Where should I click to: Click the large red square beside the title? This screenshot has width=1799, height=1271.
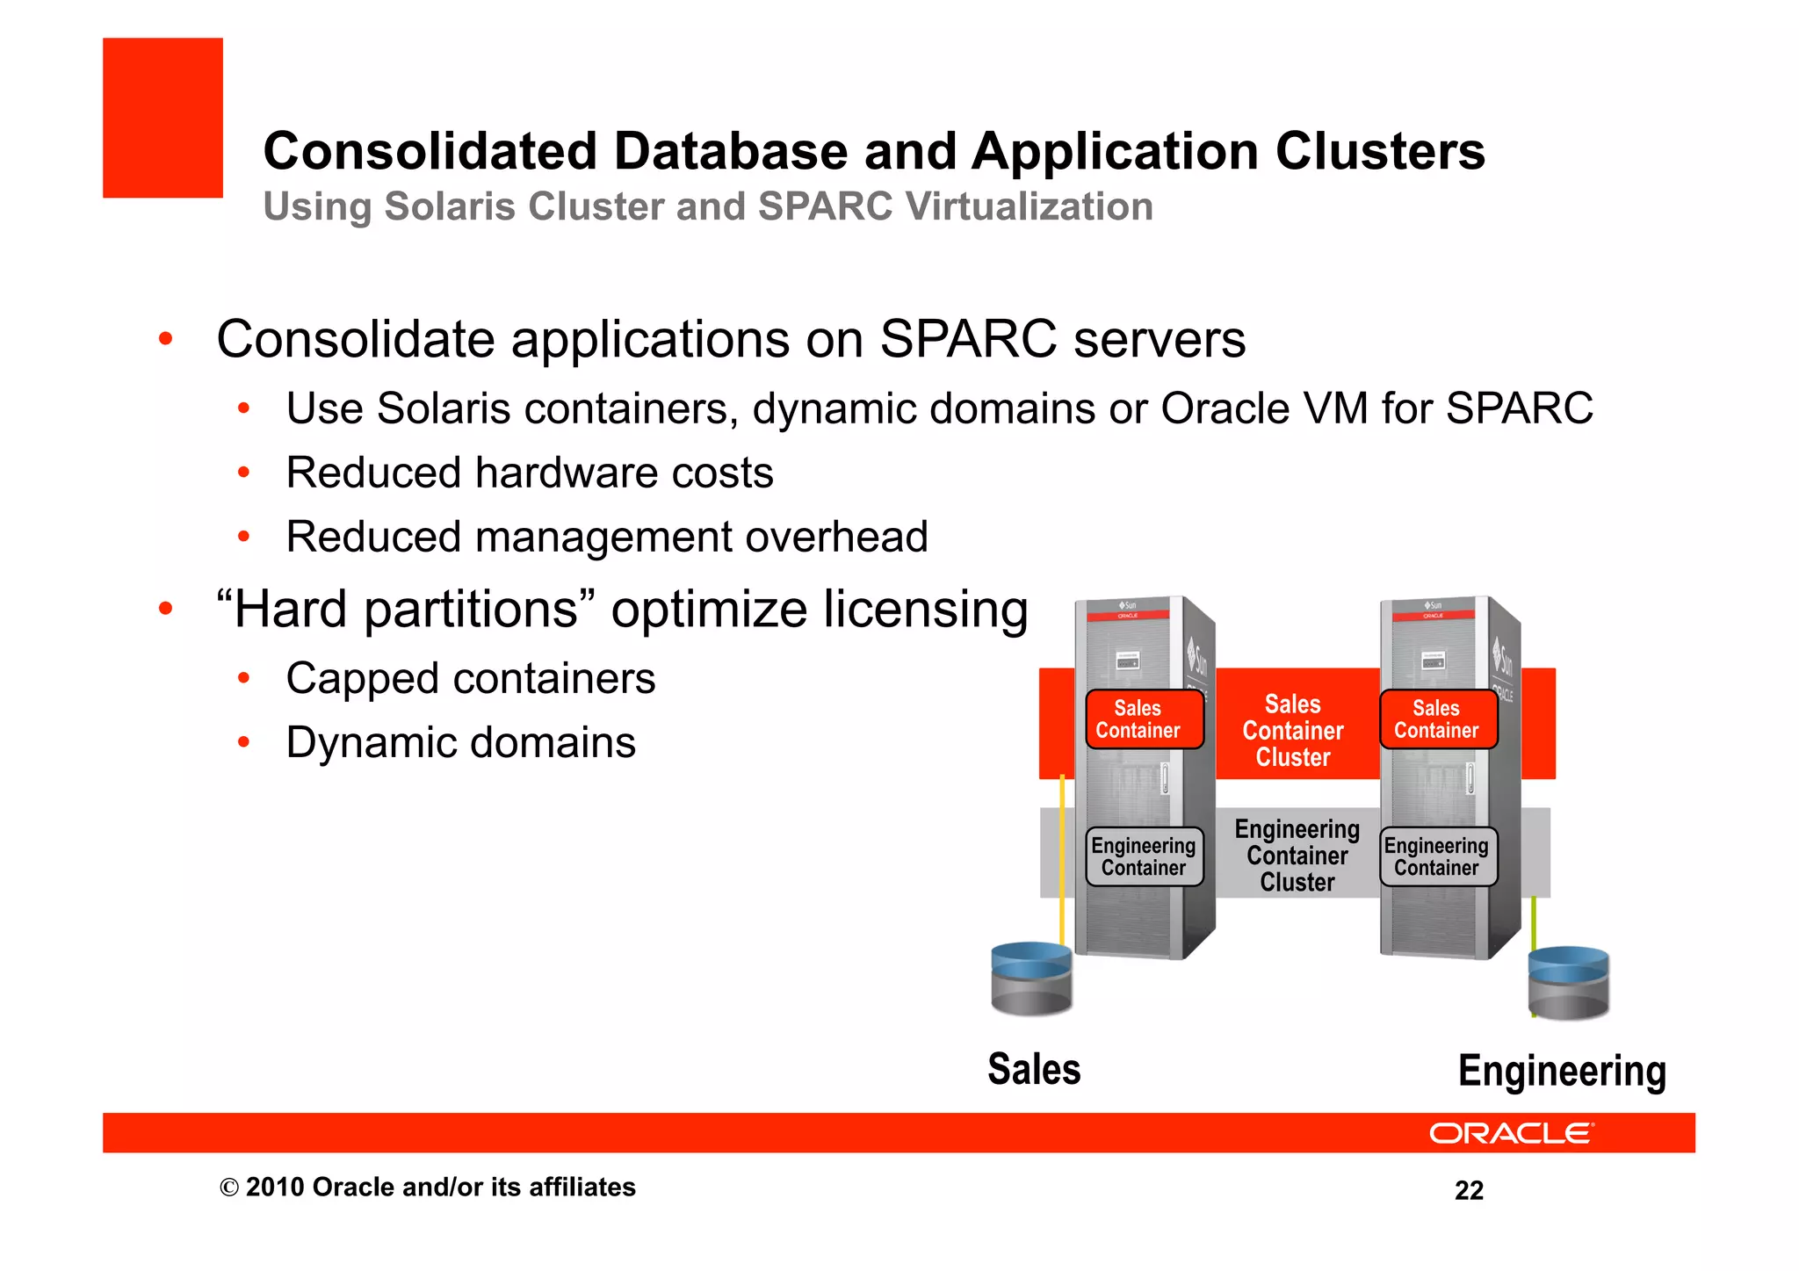pyautogui.click(x=163, y=118)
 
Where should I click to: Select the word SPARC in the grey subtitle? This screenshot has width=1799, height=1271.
pyautogui.click(x=825, y=207)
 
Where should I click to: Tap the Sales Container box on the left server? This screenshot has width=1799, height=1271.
pyautogui.click(x=1144, y=719)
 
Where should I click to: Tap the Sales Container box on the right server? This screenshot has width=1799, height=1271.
pyautogui.click(x=1438, y=719)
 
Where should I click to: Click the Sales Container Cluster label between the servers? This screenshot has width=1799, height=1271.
pyautogui.click(x=1292, y=731)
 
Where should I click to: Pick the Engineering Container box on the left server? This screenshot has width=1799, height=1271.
pyautogui.click(x=1144, y=856)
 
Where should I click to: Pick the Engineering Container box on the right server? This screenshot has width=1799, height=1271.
pyautogui.click(x=1437, y=856)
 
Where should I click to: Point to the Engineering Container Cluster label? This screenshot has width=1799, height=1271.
pyautogui.click(x=1297, y=856)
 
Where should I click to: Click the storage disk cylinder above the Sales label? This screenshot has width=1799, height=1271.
pyautogui.click(x=1031, y=979)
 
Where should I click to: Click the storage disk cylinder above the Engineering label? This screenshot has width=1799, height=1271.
pyautogui.click(x=1568, y=983)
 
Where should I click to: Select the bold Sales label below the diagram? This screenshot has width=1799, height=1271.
pyautogui.click(x=1034, y=1070)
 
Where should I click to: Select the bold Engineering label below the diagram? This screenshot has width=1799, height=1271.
pyautogui.click(x=1562, y=1072)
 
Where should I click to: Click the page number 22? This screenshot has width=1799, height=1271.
pyautogui.click(x=1469, y=1191)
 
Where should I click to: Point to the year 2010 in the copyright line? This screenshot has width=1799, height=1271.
pyautogui.click(x=275, y=1188)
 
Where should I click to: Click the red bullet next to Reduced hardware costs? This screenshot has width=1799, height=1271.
pyautogui.click(x=244, y=473)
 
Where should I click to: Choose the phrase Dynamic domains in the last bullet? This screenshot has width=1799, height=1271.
pyautogui.click(x=460, y=743)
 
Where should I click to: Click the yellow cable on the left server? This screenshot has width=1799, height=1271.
pyautogui.click(x=1062, y=861)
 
